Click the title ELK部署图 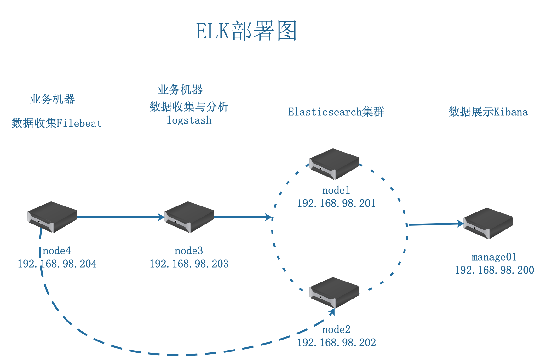pyautogui.click(x=246, y=31)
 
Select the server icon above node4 pyautogui.click(x=52, y=217)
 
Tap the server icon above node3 pyautogui.click(x=189, y=217)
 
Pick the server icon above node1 pyautogui.click(x=334, y=164)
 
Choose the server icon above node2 pyautogui.click(x=334, y=293)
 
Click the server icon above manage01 pyautogui.click(x=488, y=223)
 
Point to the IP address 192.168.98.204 pyautogui.click(x=57, y=264)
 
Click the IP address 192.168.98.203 pyautogui.click(x=189, y=264)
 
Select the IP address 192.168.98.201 pyautogui.click(x=336, y=203)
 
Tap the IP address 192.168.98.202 pyautogui.click(x=336, y=343)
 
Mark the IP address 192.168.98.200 pyautogui.click(x=494, y=270)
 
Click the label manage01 pyautogui.click(x=494, y=257)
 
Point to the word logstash pyautogui.click(x=189, y=120)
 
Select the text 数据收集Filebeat pyautogui.click(x=57, y=123)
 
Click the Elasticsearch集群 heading pyautogui.click(x=336, y=112)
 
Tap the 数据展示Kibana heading pyautogui.click(x=488, y=112)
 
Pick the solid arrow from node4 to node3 pyautogui.click(x=120, y=217)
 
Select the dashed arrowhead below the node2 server pyautogui.click(x=331, y=312)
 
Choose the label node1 pyautogui.click(x=336, y=190)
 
